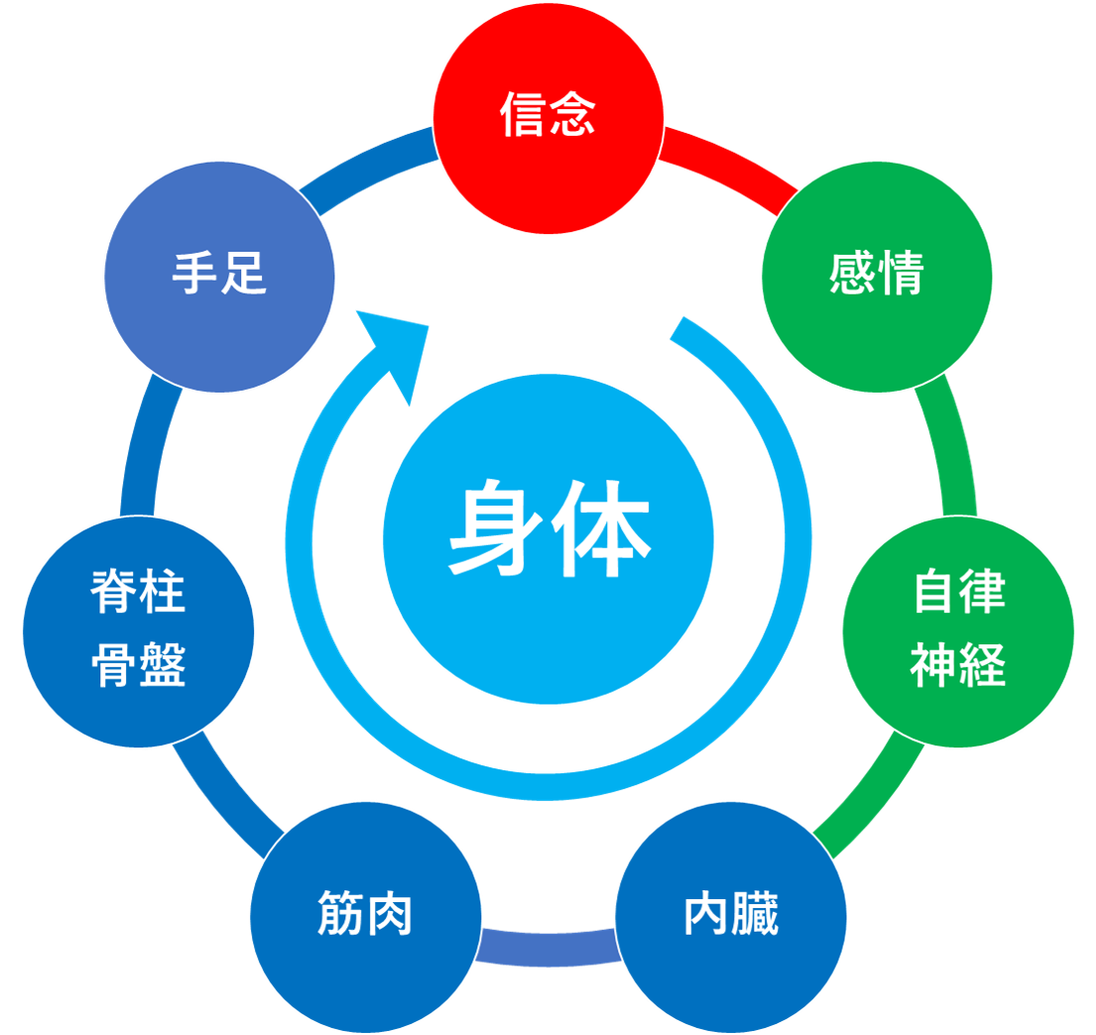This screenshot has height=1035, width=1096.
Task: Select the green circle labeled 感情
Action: point(877,276)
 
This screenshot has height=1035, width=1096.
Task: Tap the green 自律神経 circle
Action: point(958,631)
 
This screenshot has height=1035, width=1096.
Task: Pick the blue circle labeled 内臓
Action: point(731,917)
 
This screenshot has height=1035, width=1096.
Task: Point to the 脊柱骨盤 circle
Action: point(138,631)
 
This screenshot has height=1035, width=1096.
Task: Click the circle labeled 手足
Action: point(219,276)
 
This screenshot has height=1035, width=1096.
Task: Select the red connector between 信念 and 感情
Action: point(728,170)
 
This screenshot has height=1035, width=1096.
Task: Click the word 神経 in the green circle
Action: point(958,665)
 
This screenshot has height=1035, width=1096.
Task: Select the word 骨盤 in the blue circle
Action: point(138,665)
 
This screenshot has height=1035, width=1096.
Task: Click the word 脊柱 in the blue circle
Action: point(138,595)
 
